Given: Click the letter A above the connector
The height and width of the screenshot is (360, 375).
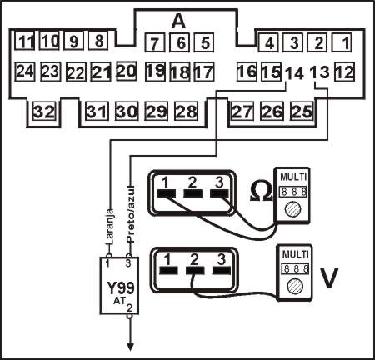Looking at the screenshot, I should point(179,19).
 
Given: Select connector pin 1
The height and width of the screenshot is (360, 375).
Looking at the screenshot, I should point(346,40).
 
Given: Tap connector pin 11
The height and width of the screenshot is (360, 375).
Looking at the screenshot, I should point(27,40).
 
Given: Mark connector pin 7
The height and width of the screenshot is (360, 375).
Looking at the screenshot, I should point(153,42).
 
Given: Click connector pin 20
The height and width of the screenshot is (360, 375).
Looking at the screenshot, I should point(126,72).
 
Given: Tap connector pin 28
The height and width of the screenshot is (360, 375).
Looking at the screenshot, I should point(186,111).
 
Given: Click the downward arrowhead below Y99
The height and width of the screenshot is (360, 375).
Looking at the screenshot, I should point(129,347).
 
